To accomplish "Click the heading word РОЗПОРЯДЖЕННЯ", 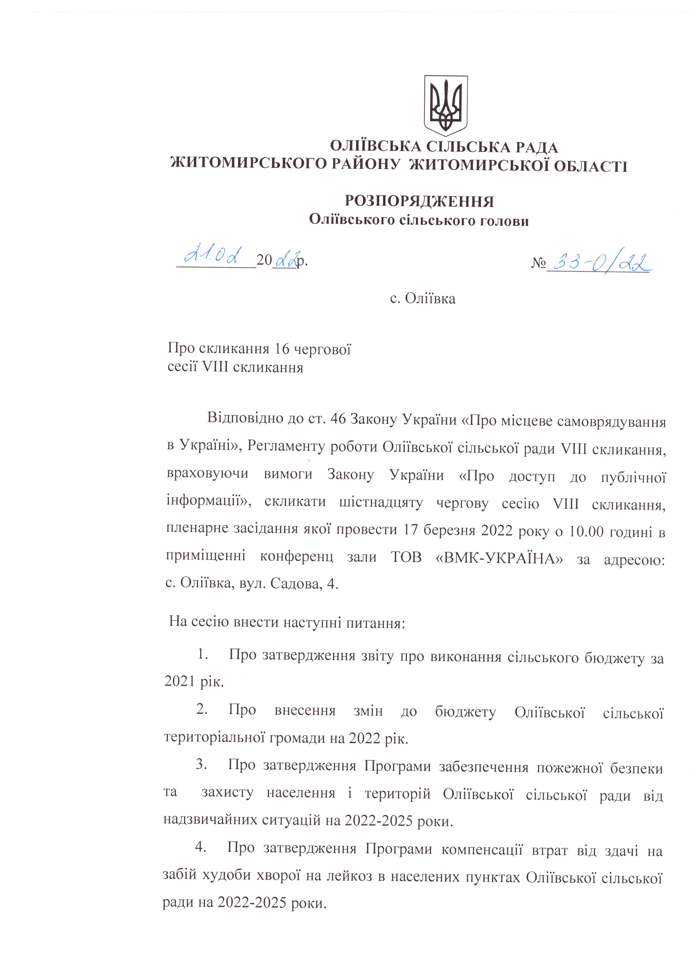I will point(419,201).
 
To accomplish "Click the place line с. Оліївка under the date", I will point(422,299).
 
